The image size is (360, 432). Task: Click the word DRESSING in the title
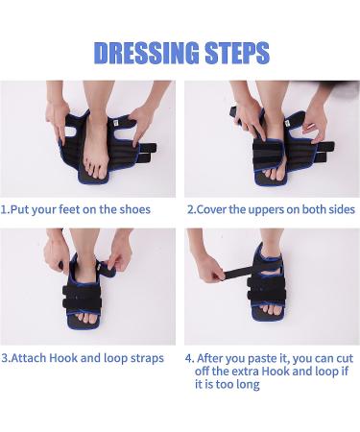click(146, 53)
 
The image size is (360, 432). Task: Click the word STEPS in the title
click(237, 53)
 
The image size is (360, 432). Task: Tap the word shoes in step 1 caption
click(134, 209)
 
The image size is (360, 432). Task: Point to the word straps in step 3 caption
click(147, 358)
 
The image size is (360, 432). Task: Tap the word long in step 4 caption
click(248, 384)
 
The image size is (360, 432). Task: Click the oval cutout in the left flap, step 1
click(74, 132)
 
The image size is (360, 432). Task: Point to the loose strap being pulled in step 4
click(237, 274)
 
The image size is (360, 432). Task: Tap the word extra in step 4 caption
click(245, 372)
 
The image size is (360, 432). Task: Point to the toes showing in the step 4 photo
click(271, 309)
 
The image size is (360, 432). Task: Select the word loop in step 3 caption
click(115, 358)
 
